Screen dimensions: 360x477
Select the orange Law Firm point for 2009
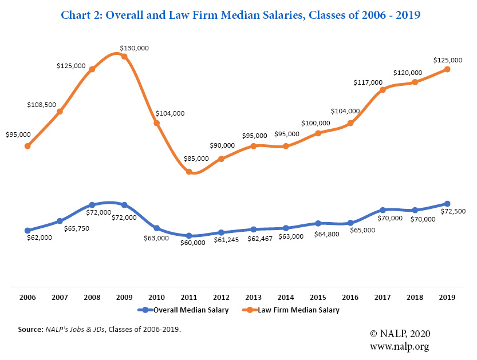124,57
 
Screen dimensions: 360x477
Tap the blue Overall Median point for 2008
92,205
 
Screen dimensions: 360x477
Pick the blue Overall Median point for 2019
447,204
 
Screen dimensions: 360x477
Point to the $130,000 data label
134,48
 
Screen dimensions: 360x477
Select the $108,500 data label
41,105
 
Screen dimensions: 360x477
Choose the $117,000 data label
368,82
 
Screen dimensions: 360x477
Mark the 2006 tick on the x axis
27,298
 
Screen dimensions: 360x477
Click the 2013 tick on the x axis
254,298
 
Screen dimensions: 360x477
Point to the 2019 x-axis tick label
447,298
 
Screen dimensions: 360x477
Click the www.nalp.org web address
399,346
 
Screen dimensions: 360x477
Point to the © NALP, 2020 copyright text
400,334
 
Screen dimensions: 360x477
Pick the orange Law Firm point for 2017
383,90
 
